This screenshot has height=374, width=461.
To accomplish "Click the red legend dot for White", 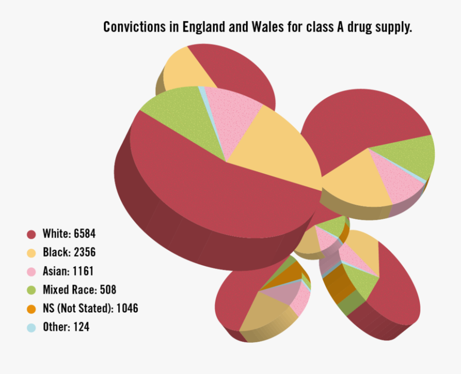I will [x=31, y=234].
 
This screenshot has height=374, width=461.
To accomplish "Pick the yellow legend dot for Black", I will [x=31, y=253].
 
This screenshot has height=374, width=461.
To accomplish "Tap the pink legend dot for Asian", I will [x=31, y=272].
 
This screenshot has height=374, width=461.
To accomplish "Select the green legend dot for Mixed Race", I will [x=31, y=290].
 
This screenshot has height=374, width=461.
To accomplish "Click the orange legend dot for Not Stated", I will [x=31, y=308].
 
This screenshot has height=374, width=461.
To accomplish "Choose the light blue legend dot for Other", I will [x=31, y=327].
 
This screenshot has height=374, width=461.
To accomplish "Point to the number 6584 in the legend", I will [x=84, y=234].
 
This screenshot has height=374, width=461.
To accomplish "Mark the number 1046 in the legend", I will [x=127, y=308].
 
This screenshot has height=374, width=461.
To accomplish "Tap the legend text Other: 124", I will [x=66, y=327].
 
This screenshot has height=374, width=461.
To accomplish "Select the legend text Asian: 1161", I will [x=68, y=272].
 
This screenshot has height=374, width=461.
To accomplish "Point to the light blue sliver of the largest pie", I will [x=204, y=97].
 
